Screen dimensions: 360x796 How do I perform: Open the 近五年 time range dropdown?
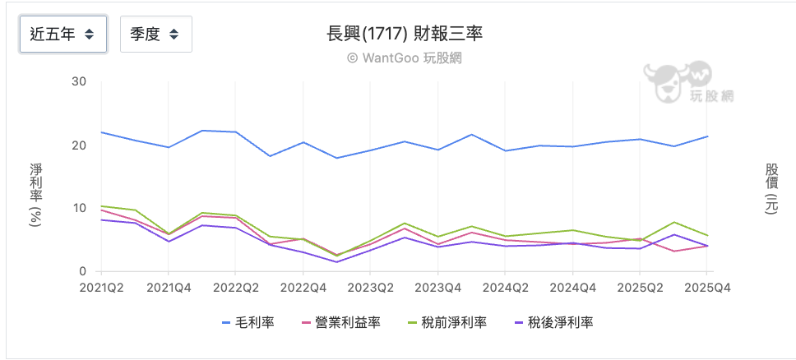pos(62,34)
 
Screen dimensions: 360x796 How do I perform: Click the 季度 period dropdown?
pos(155,34)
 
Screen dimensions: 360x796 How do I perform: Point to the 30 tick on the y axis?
pos(80,81)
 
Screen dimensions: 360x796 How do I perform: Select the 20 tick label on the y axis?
pos(80,145)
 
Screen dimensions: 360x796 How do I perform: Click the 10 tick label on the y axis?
pos(80,208)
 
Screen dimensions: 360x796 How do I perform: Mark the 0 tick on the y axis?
pos(83,271)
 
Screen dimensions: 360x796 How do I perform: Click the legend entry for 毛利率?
pos(248,323)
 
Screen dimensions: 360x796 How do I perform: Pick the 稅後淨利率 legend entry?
pos(553,323)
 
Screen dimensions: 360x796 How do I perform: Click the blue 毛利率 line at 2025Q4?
pos(707,136)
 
